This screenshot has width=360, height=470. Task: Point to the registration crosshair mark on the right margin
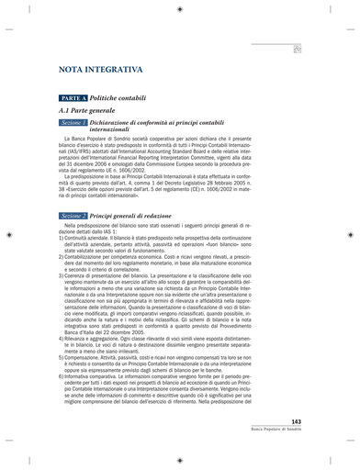350,235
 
